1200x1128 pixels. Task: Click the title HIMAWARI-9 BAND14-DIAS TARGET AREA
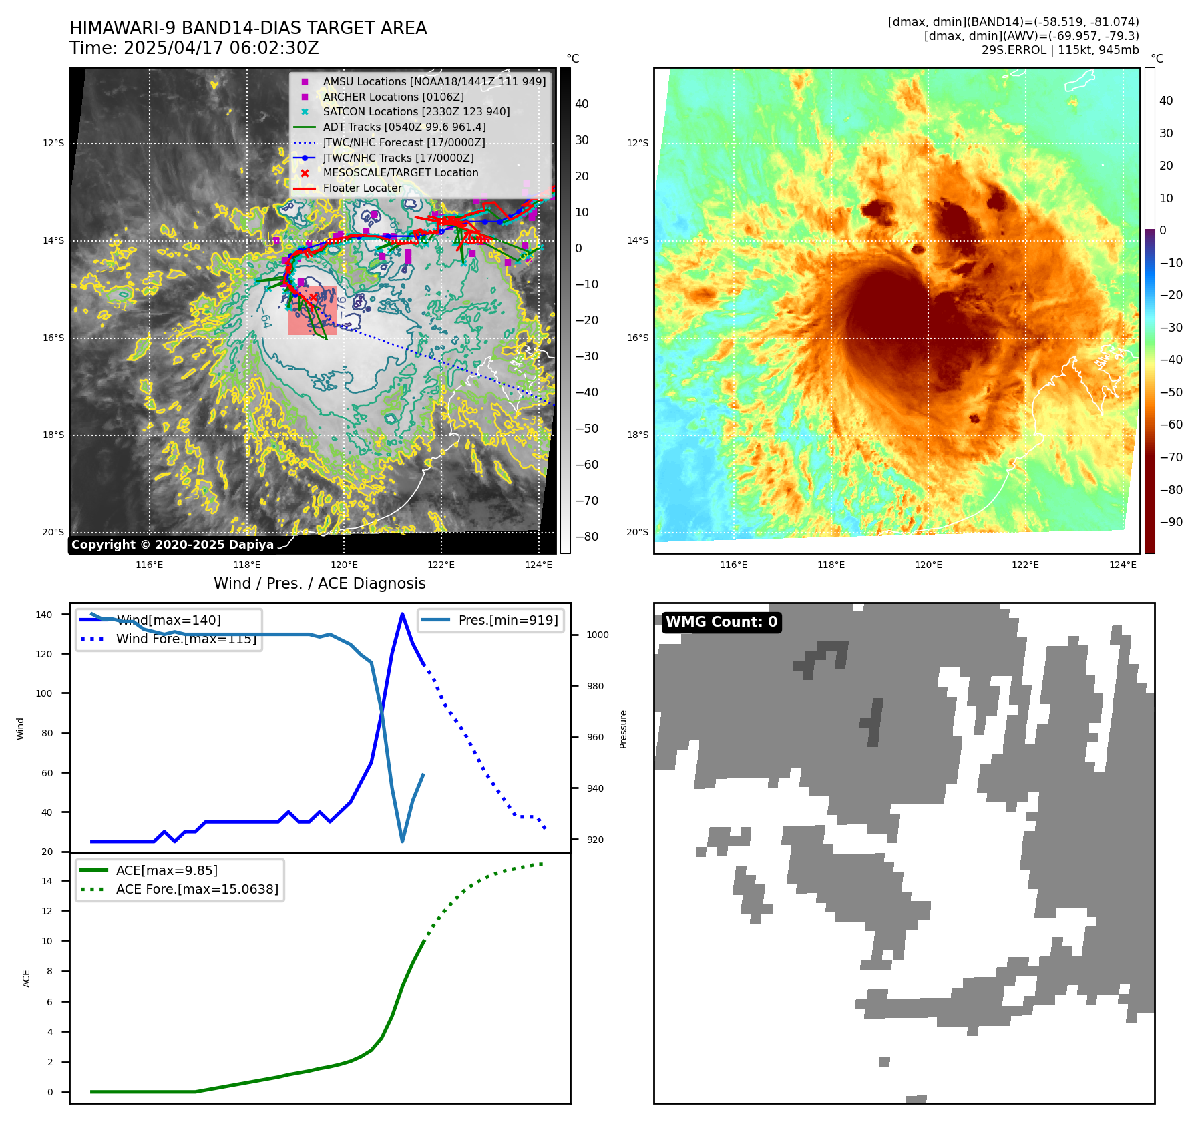248,28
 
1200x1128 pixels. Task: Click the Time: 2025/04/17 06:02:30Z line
194,48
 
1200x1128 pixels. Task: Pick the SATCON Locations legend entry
416,111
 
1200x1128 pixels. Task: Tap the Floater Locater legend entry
362,188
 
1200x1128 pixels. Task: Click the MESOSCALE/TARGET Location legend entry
400,172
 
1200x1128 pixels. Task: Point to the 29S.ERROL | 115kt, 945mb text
1060,50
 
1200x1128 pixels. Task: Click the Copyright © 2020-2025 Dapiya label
172,545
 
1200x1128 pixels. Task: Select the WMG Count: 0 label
721,622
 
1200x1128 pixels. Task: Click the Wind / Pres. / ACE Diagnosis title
319,583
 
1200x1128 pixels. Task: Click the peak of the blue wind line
402,614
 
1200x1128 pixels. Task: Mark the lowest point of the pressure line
402,841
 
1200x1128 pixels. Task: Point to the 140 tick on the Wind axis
43,615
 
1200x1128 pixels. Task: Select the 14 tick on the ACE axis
47,881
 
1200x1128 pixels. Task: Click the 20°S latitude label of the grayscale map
53,532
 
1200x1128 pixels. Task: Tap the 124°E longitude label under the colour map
1123,565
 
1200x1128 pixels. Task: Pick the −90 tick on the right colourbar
1170,522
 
